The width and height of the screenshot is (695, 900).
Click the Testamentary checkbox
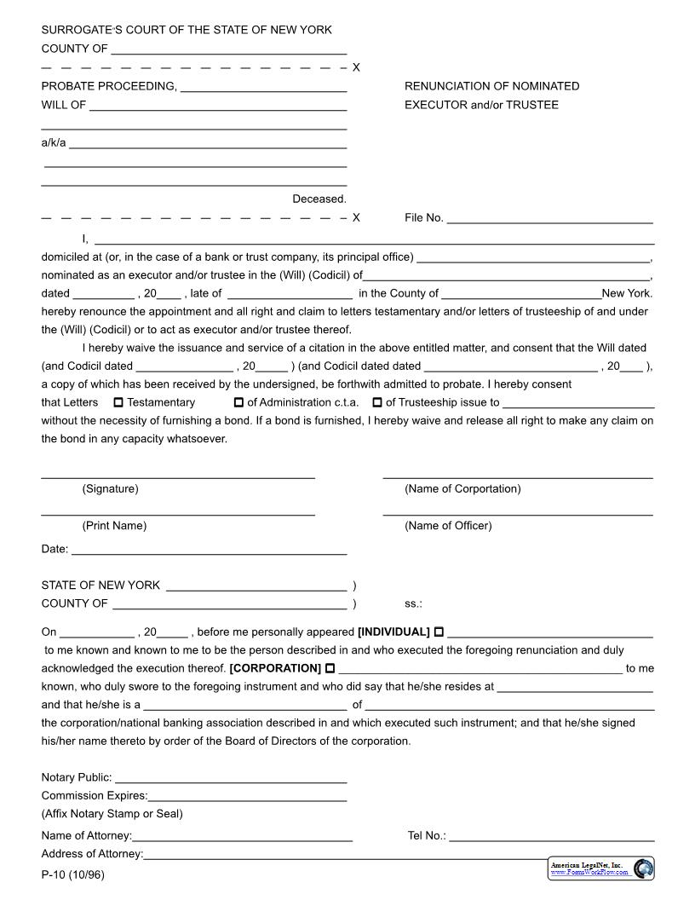pos(118,402)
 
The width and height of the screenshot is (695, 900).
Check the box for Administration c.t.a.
pos(238,402)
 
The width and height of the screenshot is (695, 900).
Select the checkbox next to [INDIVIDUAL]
pos(439,632)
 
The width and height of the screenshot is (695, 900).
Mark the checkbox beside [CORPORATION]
pos(330,668)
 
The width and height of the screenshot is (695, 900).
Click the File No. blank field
pos(549,218)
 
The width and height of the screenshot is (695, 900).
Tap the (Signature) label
pos(110,489)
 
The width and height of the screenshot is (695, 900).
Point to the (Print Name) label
pos(114,526)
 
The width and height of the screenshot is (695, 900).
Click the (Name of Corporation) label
pos(462,489)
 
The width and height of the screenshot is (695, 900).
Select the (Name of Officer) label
pos(448,526)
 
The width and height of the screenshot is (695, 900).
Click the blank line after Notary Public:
pos(231,777)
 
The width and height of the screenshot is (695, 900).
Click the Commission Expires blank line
pos(247,796)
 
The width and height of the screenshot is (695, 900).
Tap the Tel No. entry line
pos(551,836)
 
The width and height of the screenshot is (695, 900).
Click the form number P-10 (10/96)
pos(72,875)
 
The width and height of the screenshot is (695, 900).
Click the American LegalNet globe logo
pos(644,868)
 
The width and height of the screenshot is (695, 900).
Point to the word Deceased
pos(319,199)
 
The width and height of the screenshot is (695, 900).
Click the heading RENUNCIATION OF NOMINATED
pos(491,86)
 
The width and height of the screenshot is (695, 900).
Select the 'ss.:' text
pos(413,604)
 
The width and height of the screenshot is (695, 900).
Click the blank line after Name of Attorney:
pos(243,836)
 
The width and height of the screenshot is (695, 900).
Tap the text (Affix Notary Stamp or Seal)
pos(112,814)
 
